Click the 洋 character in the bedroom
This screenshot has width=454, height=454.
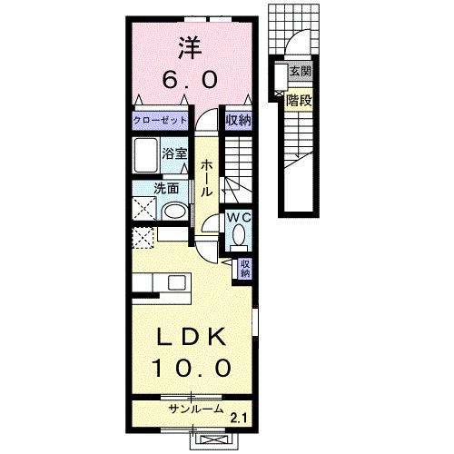[x=190, y=46]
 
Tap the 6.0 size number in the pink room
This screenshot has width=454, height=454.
[x=190, y=79]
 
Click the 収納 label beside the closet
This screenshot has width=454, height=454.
[x=239, y=120]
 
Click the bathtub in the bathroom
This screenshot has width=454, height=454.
[x=146, y=160]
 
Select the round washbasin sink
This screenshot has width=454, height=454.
[x=173, y=212]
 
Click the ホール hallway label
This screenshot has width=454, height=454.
[x=207, y=177]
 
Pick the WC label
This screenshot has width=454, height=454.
[x=238, y=218]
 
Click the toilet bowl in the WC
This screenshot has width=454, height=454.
[x=239, y=235]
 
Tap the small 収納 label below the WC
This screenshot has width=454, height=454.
[x=244, y=267]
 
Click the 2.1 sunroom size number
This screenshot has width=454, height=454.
[x=238, y=418]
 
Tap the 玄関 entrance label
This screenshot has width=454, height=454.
[x=299, y=71]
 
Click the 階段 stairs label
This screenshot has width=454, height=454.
[x=300, y=100]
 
